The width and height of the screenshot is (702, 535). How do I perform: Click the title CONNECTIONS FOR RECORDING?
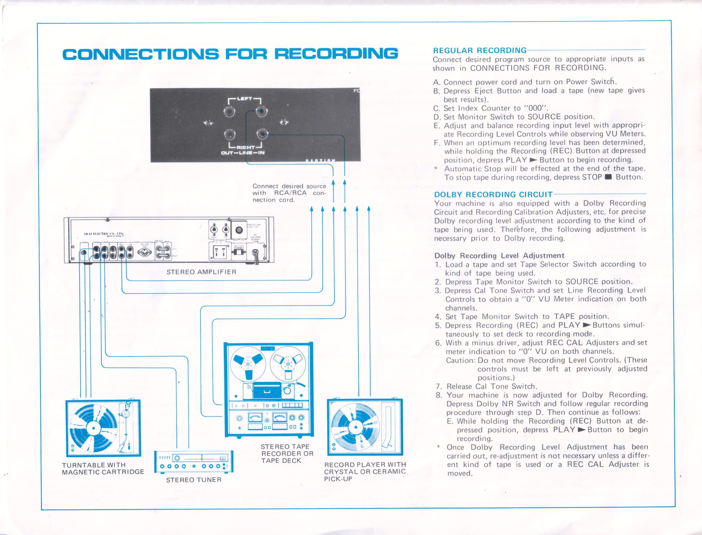tap(230, 53)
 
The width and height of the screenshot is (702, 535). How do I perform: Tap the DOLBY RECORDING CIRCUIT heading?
tap(493, 195)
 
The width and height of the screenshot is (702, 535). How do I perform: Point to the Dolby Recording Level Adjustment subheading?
tap(499, 255)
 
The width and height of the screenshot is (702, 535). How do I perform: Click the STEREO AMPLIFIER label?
tap(201, 272)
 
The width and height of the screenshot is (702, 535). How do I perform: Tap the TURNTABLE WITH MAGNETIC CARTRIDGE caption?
tap(103, 468)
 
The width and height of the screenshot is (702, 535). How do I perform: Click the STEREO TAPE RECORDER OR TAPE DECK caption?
tap(287, 453)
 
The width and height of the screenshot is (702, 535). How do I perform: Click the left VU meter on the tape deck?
tap(255, 417)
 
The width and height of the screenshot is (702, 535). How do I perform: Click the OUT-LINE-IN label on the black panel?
tap(243, 152)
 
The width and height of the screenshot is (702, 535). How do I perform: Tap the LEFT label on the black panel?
tap(244, 99)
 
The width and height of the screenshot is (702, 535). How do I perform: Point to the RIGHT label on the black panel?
tap(245, 147)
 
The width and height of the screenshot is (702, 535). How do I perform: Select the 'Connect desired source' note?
tap(289, 193)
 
